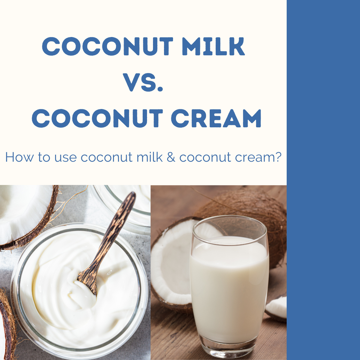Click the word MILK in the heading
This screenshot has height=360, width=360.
tap(213, 46)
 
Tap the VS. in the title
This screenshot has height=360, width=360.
tap(143, 82)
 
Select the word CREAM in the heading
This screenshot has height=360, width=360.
tap(216, 118)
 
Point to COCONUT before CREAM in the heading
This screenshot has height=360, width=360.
tap(97, 118)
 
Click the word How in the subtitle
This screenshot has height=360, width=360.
tap(20, 157)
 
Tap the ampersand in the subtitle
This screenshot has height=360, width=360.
tap(171, 157)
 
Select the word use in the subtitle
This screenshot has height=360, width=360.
tap(65, 158)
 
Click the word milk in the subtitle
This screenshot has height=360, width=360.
tap(149, 157)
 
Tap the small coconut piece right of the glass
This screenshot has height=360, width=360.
tap(276, 308)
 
